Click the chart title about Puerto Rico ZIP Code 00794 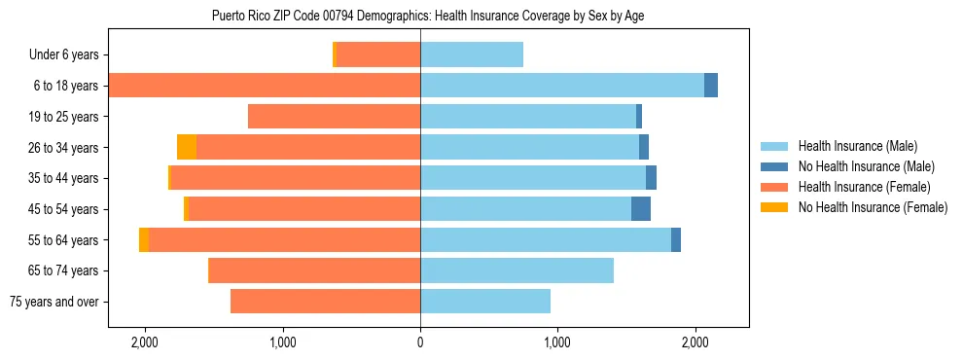428,16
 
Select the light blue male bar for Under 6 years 472,54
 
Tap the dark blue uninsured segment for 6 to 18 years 711,86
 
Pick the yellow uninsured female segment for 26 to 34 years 187,147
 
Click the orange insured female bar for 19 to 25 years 334,117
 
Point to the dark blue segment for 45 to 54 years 641,209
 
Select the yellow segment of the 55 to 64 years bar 144,240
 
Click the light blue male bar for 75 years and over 485,302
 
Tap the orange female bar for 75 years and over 325,302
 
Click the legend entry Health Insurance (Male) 856,146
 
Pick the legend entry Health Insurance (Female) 864,187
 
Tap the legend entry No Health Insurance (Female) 873,207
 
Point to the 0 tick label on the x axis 420,342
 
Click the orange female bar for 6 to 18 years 264,86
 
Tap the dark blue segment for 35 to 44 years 651,178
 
